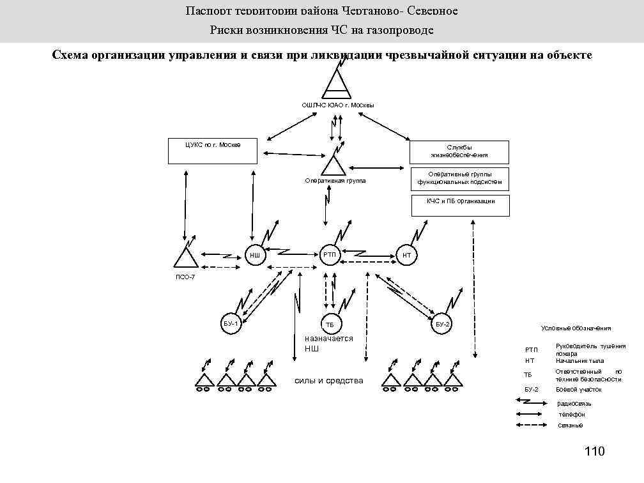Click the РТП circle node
click(330, 255)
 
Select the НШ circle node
click(255, 255)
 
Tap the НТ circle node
click(406, 255)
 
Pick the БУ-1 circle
click(231, 325)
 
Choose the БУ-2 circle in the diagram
click(443, 325)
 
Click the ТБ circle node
click(330, 325)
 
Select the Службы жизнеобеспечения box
click(459, 152)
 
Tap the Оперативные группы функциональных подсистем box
click(459, 178)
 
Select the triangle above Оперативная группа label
click(333, 165)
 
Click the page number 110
click(594, 452)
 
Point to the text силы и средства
click(328, 381)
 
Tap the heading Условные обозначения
click(576, 328)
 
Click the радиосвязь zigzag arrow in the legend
click(530, 402)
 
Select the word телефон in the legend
click(571, 414)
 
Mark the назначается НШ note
click(328, 343)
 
